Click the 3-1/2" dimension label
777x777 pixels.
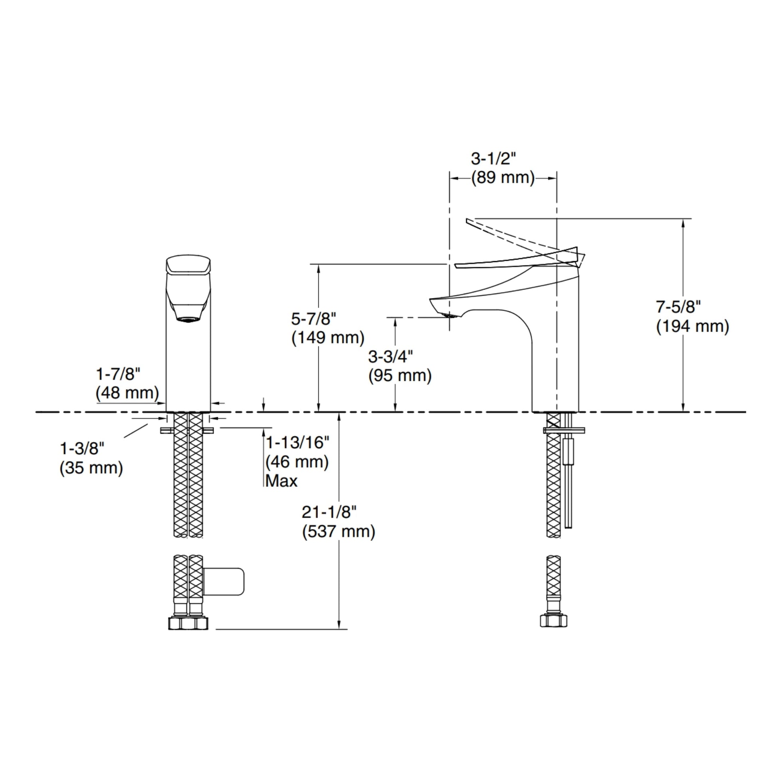493,159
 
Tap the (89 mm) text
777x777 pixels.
503,178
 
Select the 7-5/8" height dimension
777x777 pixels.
678,307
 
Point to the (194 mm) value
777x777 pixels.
692,326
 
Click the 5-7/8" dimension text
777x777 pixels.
313,319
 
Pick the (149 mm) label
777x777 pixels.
328,338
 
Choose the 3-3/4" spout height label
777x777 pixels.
390,356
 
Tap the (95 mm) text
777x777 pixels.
400,376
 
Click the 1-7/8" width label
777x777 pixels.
118,374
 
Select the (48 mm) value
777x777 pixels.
127,393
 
